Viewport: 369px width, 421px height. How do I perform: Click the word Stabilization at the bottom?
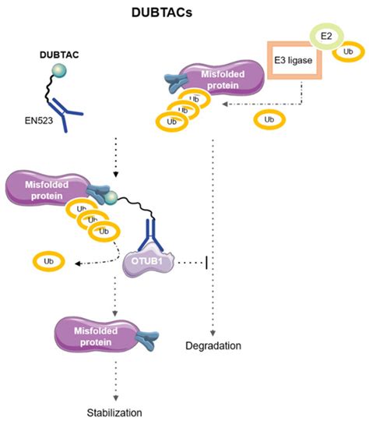[x=114, y=411]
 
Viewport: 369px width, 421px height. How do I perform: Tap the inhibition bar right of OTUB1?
[x=206, y=262]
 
